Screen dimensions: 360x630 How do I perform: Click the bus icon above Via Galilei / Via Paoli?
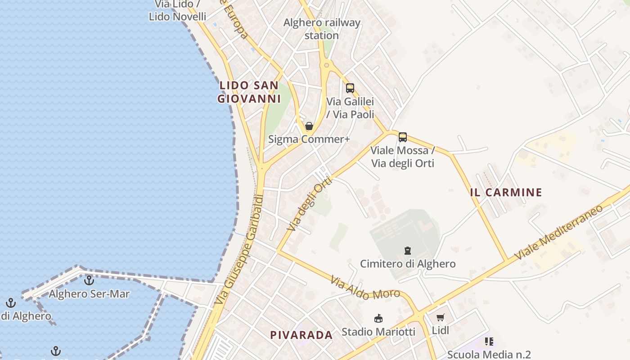click(x=350, y=88)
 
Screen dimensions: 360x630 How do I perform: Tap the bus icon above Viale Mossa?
click(x=403, y=137)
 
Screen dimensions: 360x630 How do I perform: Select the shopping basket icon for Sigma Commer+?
click(x=309, y=126)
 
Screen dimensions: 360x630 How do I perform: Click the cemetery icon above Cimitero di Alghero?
click(x=408, y=250)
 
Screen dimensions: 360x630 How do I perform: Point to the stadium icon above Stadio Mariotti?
click(x=378, y=319)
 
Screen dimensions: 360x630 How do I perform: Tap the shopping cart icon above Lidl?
click(x=441, y=318)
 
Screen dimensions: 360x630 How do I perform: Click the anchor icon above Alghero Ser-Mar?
click(x=89, y=281)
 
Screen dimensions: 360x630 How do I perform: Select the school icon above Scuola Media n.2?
click(x=489, y=342)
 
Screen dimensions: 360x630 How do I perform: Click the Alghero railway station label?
click(x=322, y=29)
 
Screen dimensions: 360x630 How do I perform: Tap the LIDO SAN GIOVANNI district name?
click(x=248, y=92)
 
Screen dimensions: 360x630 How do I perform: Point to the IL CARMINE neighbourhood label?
click(x=506, y=193)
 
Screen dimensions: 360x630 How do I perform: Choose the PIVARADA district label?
click(x=301, y=335)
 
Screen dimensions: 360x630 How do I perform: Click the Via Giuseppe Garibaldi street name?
click(x=239, y=249)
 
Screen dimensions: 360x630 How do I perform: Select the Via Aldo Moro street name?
click(x=365, y=288)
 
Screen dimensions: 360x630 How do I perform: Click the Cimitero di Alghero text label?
click(x=408, y=264)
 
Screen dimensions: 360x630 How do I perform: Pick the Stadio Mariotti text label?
click(x=378, y=332)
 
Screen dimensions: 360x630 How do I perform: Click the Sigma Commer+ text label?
click(x=309, y=139)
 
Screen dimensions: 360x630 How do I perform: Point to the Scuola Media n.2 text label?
click(x=489, y=355)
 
